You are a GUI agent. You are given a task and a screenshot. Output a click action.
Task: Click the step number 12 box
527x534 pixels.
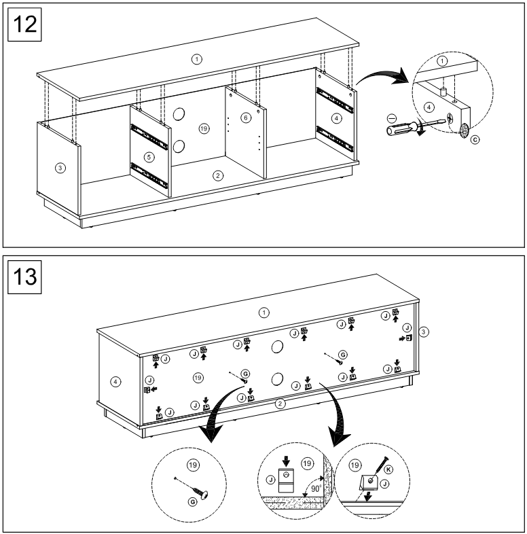(24, 25)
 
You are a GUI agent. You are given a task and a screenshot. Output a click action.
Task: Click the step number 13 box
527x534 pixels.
(24, 277)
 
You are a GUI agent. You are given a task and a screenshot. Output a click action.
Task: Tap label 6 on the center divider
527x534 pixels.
(246, 117)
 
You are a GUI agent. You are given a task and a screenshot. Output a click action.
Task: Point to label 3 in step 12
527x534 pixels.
(60, 167)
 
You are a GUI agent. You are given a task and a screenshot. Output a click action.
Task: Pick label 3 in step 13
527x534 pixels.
(423, 332)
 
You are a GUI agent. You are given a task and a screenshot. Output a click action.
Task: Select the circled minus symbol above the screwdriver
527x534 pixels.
(390, 118)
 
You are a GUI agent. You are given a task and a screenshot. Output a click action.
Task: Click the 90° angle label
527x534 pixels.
(316, 487)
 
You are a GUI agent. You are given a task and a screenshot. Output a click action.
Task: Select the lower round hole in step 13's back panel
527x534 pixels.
(278, 378)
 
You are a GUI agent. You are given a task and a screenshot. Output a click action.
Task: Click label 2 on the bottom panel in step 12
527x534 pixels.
(217, 176)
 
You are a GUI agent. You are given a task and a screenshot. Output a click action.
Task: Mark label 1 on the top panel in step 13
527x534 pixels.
(265, 312)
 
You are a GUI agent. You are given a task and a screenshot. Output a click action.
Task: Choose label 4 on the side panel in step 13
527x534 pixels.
(116, 382)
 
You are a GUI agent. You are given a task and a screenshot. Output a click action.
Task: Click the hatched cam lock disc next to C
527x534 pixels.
(465, 130)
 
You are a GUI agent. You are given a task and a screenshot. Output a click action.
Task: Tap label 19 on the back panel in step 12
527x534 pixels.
(202, 128)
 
